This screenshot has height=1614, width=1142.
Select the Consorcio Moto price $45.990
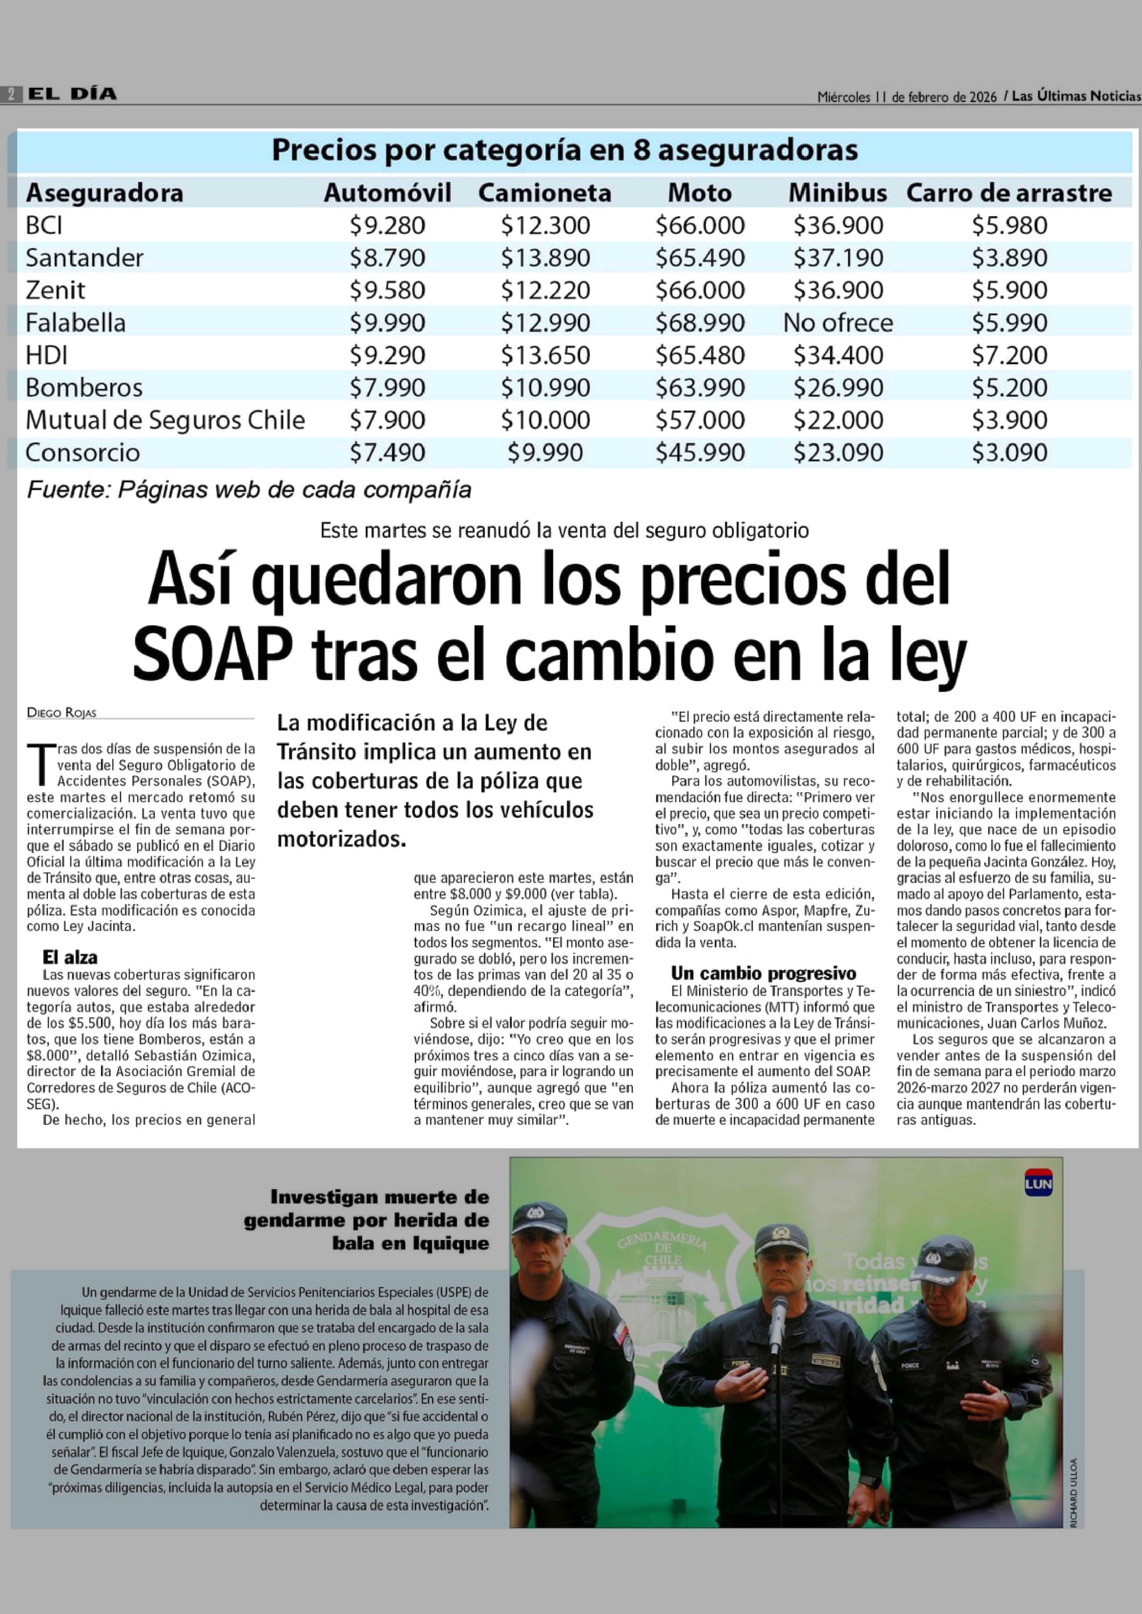tap(700, 452)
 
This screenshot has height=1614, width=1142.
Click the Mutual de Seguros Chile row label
tap(165, 420)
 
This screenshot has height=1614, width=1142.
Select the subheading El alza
tap(70, 957)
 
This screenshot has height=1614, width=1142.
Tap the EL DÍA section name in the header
tap(73, 94)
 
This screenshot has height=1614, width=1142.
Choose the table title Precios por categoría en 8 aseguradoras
tap(565, 150)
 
